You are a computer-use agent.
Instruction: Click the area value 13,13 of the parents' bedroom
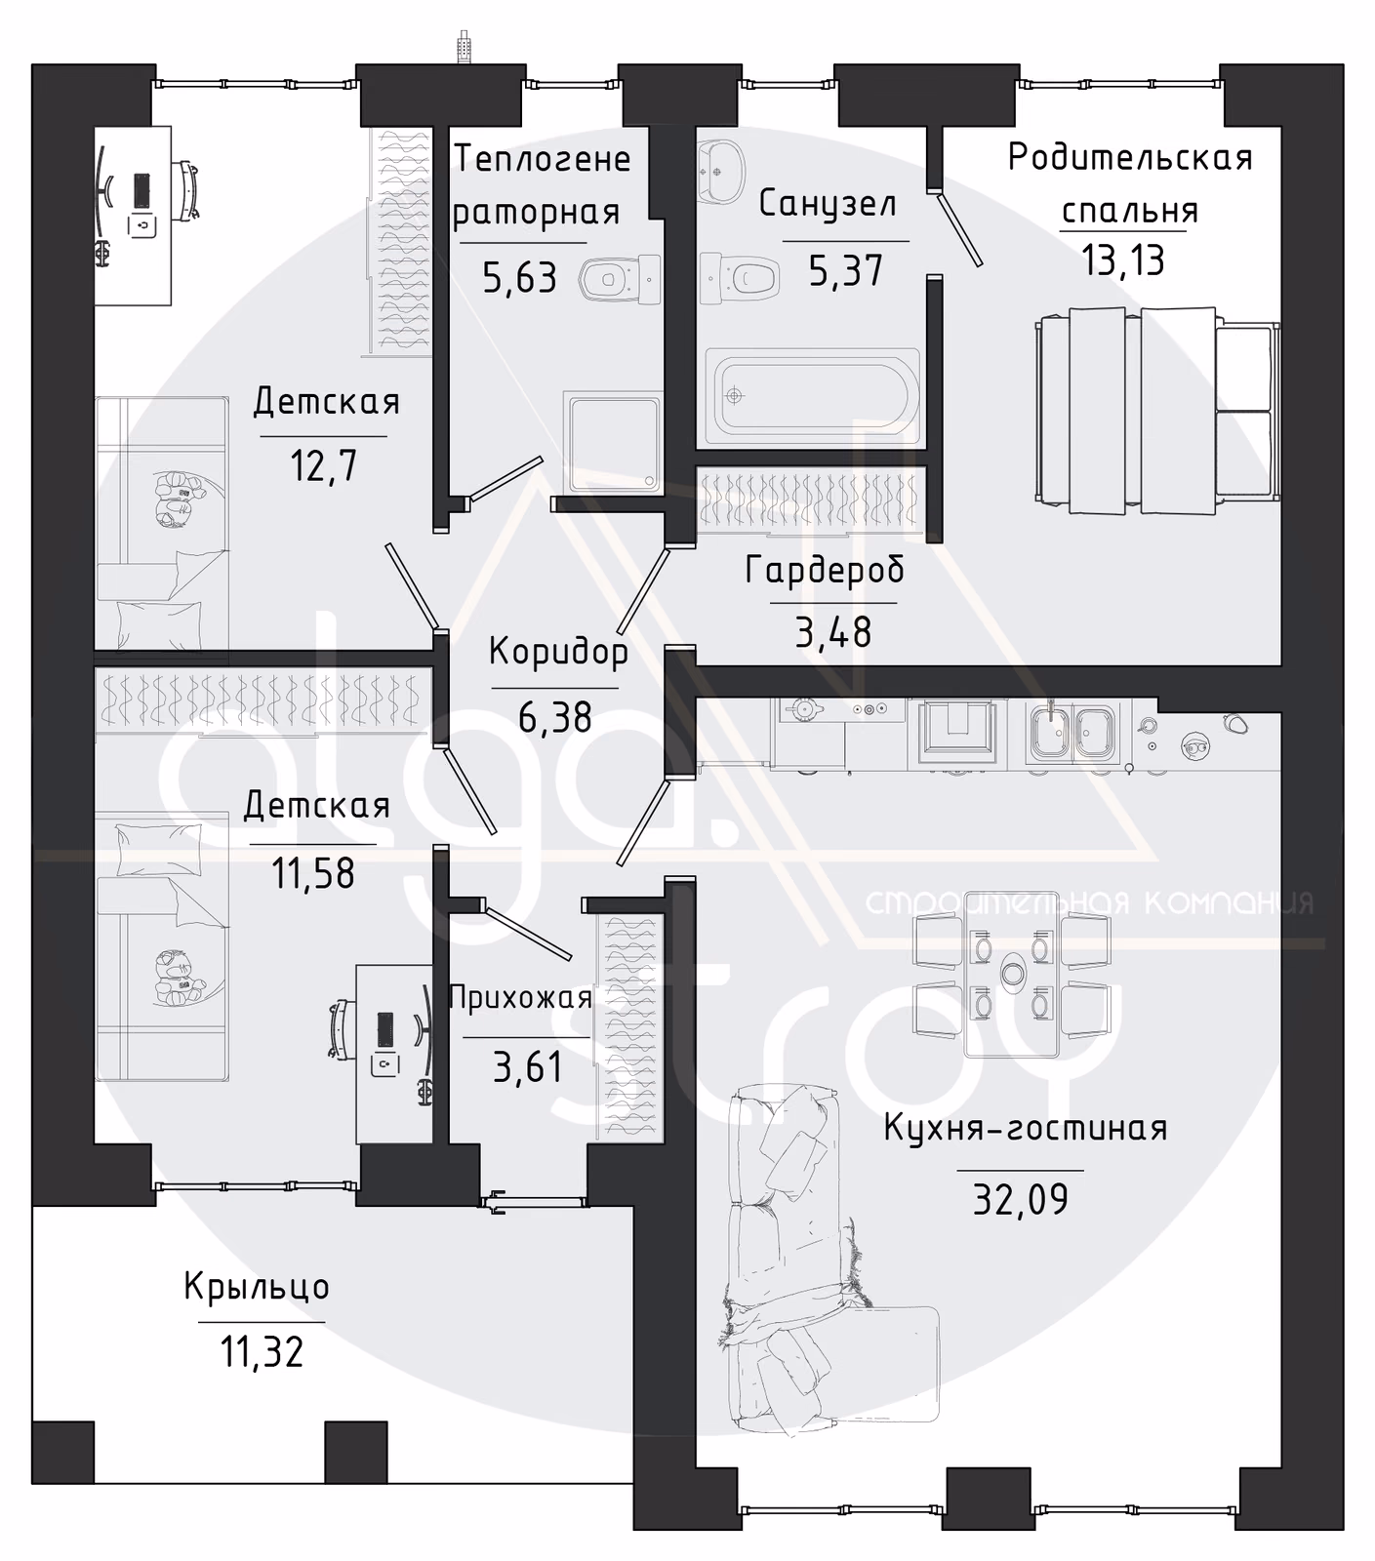(x=1123, y=261)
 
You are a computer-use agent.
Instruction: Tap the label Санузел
(x=828, y=204)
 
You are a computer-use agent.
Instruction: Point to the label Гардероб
(x=825, y=570)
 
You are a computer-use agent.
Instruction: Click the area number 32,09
(x=1021, y=1199)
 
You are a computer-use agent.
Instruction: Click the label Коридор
(x=558, y=652)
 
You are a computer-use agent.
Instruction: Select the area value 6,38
(x=554, y=718)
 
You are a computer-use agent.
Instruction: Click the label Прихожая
(x=520, y=998)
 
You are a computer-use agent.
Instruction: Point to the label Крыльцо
(x=257, y=1287)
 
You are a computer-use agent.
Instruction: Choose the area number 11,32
(x=262, y=1352)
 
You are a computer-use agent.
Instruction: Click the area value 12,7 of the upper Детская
(x=323, y=466)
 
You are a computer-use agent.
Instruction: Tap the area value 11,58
(x=312, y=873)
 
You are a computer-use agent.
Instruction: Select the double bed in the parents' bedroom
(x=1157, y=410)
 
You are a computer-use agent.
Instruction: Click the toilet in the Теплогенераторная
(x=620, y=280)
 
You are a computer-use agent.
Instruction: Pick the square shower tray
(x=613, y=442)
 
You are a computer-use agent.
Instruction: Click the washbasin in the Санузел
(x=721, y=167)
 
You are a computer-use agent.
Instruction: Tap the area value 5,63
(x=520, y=278)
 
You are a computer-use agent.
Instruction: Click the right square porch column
(x=356, y=1452)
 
